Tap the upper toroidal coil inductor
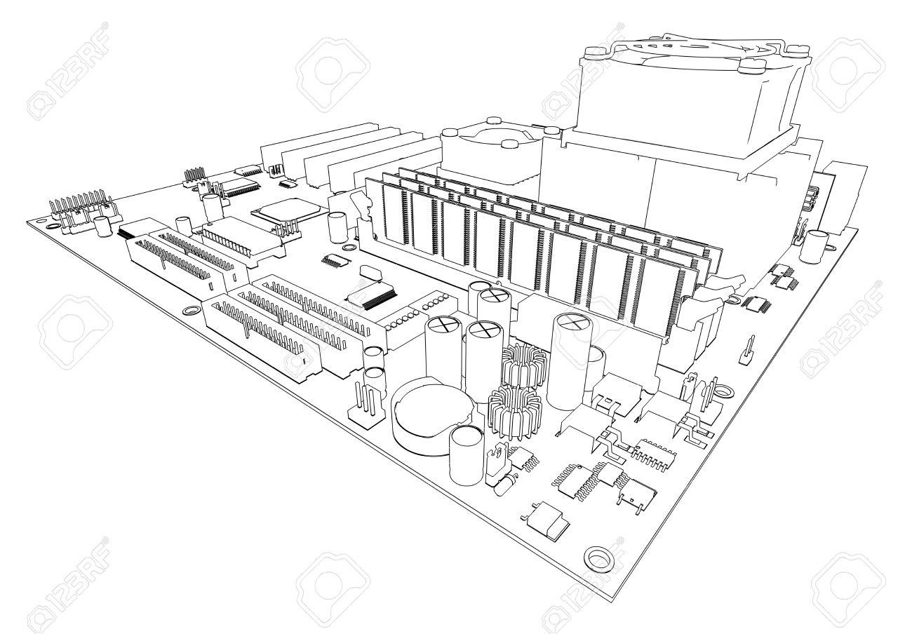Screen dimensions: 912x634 pyautogui.click(x=524, y=366)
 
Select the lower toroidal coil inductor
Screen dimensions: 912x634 pyautogui.click(x=515, y=413)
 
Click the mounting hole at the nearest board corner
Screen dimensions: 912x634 pyautogui.click(x=598, y=558)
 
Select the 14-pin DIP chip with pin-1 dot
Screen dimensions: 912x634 pyautogui.click(x=653, y=454)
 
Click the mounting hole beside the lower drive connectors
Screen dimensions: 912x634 pyautogui.click(x=192, y=311)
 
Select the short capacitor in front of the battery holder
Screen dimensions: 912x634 pyautogui.click(x=467, y=455)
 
